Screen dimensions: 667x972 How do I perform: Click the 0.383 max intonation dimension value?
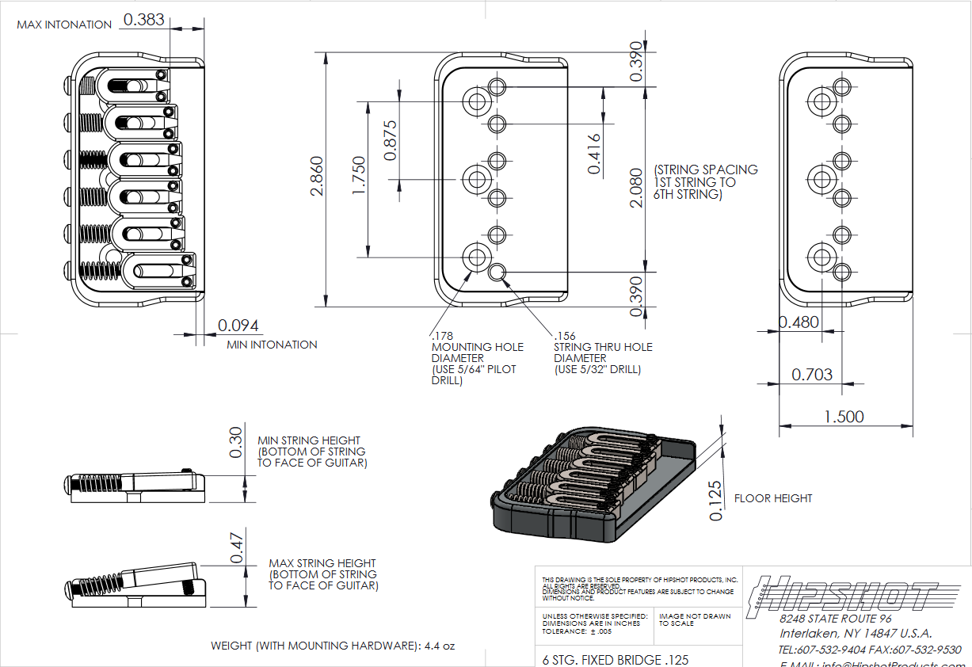[x=143, y=20]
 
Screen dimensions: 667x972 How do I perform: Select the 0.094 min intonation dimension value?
[x=238, y=326]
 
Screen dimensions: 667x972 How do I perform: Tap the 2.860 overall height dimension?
[x=314, y=178]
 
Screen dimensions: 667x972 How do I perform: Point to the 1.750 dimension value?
[x=357, y=179]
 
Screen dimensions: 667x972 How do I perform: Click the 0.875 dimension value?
[x=390, y=140]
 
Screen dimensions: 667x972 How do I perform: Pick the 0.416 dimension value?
[x=593, y=154]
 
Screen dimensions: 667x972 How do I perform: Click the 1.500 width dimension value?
[x=844, y=417]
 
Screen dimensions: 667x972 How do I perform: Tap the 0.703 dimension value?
[x=812, y=374]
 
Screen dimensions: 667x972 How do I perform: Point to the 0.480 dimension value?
[x=799, y=322]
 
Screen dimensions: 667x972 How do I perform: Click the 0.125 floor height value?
[x=716, y=501]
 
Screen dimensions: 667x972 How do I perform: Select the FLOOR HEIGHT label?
[x=773, y=499]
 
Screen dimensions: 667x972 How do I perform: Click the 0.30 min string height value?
[x=235, y=442]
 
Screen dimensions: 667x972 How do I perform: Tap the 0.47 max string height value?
[x=235, y=547]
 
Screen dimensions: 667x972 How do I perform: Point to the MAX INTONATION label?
[x=64, y=25]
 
